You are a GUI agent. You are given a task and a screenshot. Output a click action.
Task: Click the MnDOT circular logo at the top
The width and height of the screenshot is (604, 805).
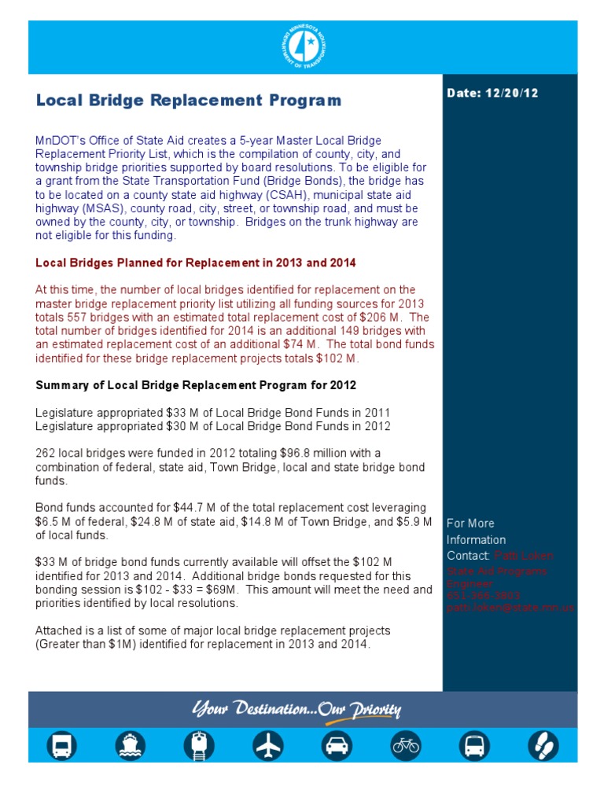(x=303, y=46)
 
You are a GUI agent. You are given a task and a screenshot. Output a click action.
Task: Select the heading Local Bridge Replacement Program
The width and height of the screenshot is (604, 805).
(x=189, y=101)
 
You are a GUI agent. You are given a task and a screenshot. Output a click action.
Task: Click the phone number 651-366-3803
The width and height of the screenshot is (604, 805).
(x=473, y=596)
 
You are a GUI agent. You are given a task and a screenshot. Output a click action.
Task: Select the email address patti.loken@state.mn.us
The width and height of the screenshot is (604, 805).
(x=510, y=608)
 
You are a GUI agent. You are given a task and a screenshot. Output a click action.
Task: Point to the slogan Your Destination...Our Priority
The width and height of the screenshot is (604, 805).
(x=296, y=711)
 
